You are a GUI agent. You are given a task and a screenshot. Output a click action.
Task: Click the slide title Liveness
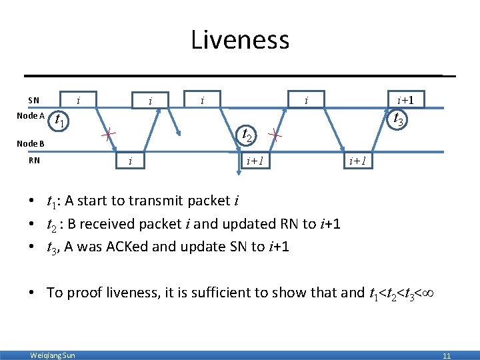(240, 40)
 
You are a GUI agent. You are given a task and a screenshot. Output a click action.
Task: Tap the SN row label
(33, 101)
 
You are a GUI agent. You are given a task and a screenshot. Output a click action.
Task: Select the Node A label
(31, 116)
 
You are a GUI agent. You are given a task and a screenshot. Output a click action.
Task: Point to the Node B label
(31, 143)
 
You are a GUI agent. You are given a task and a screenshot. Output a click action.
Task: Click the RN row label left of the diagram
(34, 160)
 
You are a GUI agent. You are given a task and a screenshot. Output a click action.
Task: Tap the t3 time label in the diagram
(398, 121)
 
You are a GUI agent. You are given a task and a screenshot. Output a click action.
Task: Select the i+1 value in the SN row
(406, 101)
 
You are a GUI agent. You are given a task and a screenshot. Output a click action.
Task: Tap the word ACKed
(129, 246)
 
